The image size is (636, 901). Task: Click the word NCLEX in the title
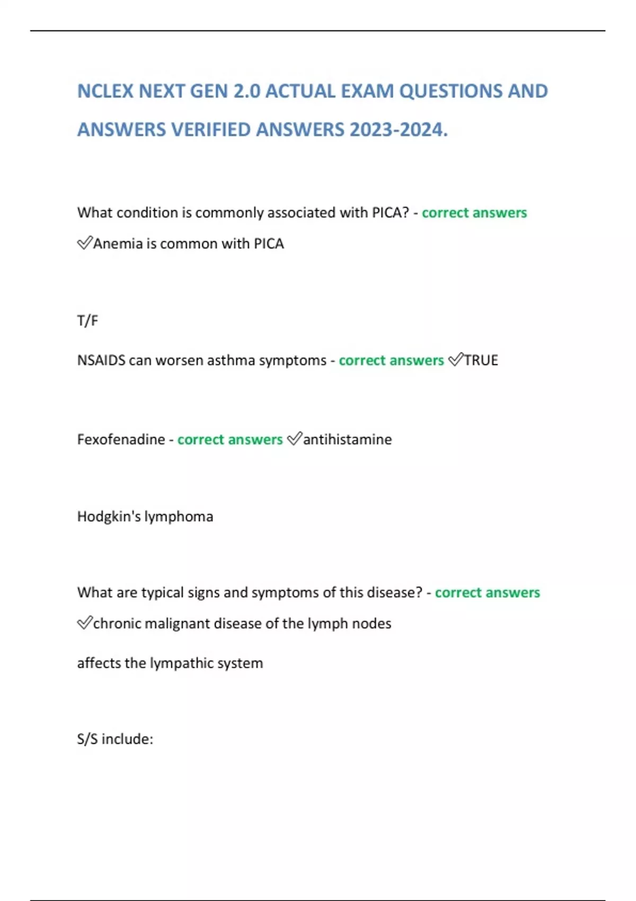coord(105,91)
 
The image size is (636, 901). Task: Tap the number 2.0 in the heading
coord(246,91)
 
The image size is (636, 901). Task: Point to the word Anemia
coord(118,243)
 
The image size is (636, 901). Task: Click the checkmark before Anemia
coord(84,243)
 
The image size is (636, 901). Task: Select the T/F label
coord(87,321)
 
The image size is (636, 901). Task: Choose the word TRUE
coord(481,360)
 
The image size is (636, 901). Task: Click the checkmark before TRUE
coord(455,360)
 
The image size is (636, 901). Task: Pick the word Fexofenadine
coord(121,439)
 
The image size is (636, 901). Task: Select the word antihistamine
coord(347,439)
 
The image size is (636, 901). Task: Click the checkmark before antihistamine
coord(294,439)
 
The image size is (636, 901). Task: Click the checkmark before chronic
coord(84,623)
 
